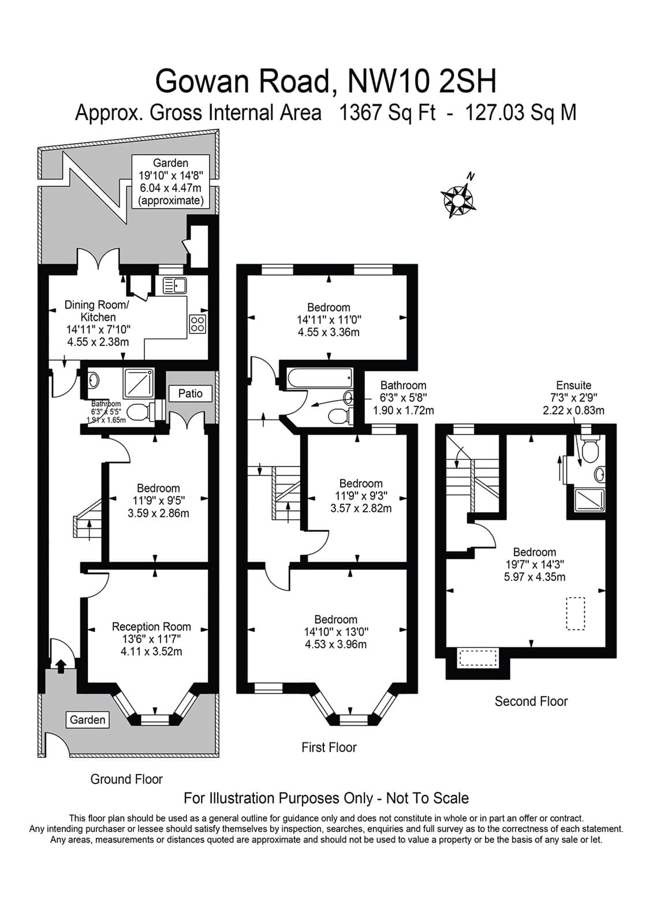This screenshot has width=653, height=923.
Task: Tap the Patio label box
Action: (x=190, y=393)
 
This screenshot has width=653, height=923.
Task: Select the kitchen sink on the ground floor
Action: (x=174, y=285)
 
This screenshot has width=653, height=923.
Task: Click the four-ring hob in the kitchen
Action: (x=197, y=324)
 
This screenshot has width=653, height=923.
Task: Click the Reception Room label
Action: (x=151, y=626)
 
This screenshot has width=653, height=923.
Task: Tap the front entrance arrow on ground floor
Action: (x=60, y=666)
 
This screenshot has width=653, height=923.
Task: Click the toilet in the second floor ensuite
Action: (x=589, y=451)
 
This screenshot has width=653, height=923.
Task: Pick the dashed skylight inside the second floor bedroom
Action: (x=575, y=613)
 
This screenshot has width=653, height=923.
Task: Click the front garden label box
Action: (x=88, y=719)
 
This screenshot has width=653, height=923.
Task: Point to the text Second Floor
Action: (x=531, y=701)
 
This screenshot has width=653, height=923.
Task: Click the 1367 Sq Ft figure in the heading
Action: (x=387, y=112)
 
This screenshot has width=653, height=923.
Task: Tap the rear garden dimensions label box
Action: (x=170, y=182)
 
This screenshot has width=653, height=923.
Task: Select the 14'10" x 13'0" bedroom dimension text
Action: (x=335, y=632)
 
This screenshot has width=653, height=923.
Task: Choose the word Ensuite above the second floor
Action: (x=573, y=385)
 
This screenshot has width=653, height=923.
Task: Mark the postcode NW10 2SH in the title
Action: (x=422, y=81)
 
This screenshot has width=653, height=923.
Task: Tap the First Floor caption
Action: (x=329, y=748)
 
